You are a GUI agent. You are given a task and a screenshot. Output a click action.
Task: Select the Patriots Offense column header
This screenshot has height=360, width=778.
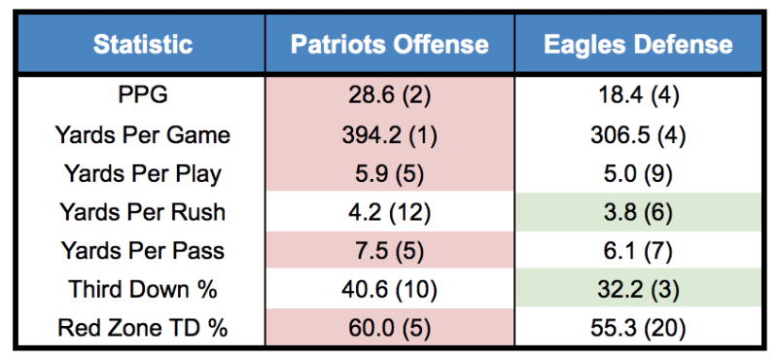[x=390, y=45]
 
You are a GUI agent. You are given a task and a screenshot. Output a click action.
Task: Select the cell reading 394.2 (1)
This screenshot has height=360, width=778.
[x=390, y=135]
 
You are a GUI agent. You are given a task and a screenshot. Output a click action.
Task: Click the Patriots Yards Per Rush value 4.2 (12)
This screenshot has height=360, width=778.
[x=390, y=213]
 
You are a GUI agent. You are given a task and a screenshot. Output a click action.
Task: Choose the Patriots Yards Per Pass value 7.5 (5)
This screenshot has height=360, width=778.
[x=390, y=251]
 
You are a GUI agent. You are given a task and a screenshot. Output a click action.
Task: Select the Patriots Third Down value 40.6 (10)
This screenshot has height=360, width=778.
[x=390, y=290]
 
